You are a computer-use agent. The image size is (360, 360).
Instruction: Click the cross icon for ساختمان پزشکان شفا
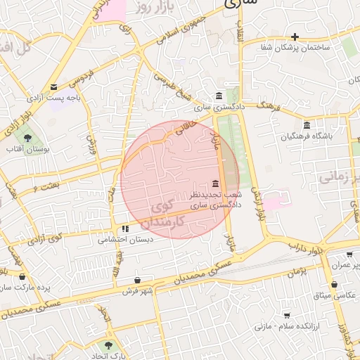(x=295, y=37)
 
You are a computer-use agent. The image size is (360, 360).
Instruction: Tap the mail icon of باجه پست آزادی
(x=54, y=87)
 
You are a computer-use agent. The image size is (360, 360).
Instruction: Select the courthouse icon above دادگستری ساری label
(x=220, y=96)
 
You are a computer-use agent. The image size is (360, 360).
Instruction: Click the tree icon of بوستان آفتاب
(x=27, y=138)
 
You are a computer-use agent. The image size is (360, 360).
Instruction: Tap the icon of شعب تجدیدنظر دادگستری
(x=214, y=184)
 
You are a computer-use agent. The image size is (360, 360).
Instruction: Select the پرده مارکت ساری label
(x=25, y=288)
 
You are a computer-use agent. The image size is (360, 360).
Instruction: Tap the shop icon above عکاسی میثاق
(x=333, y=285)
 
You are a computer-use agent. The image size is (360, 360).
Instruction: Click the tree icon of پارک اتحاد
(x=108, y=345)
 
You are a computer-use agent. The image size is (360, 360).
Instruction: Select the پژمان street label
(x=297, y=270)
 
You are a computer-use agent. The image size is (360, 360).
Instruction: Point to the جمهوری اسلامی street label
(x=179, y=32)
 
